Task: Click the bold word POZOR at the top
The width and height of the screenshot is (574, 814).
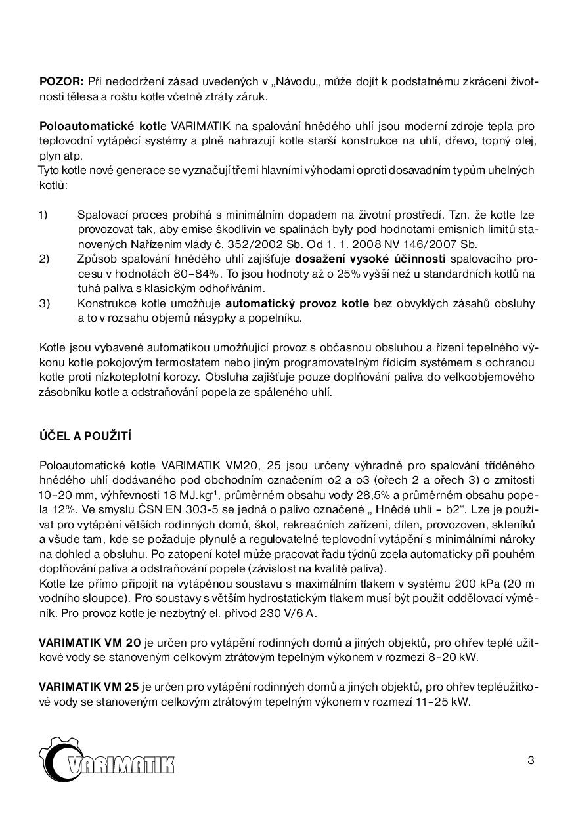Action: [x=61, y=81]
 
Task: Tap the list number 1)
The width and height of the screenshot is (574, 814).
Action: [x=43, y=215]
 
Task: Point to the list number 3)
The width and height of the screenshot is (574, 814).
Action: [x=44, y=303]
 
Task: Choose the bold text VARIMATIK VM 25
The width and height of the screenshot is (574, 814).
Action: [x=89, y=687]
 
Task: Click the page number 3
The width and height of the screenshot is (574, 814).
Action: [x=531, y=761]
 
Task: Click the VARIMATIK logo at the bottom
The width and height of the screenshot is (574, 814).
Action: [x=106, y=763]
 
